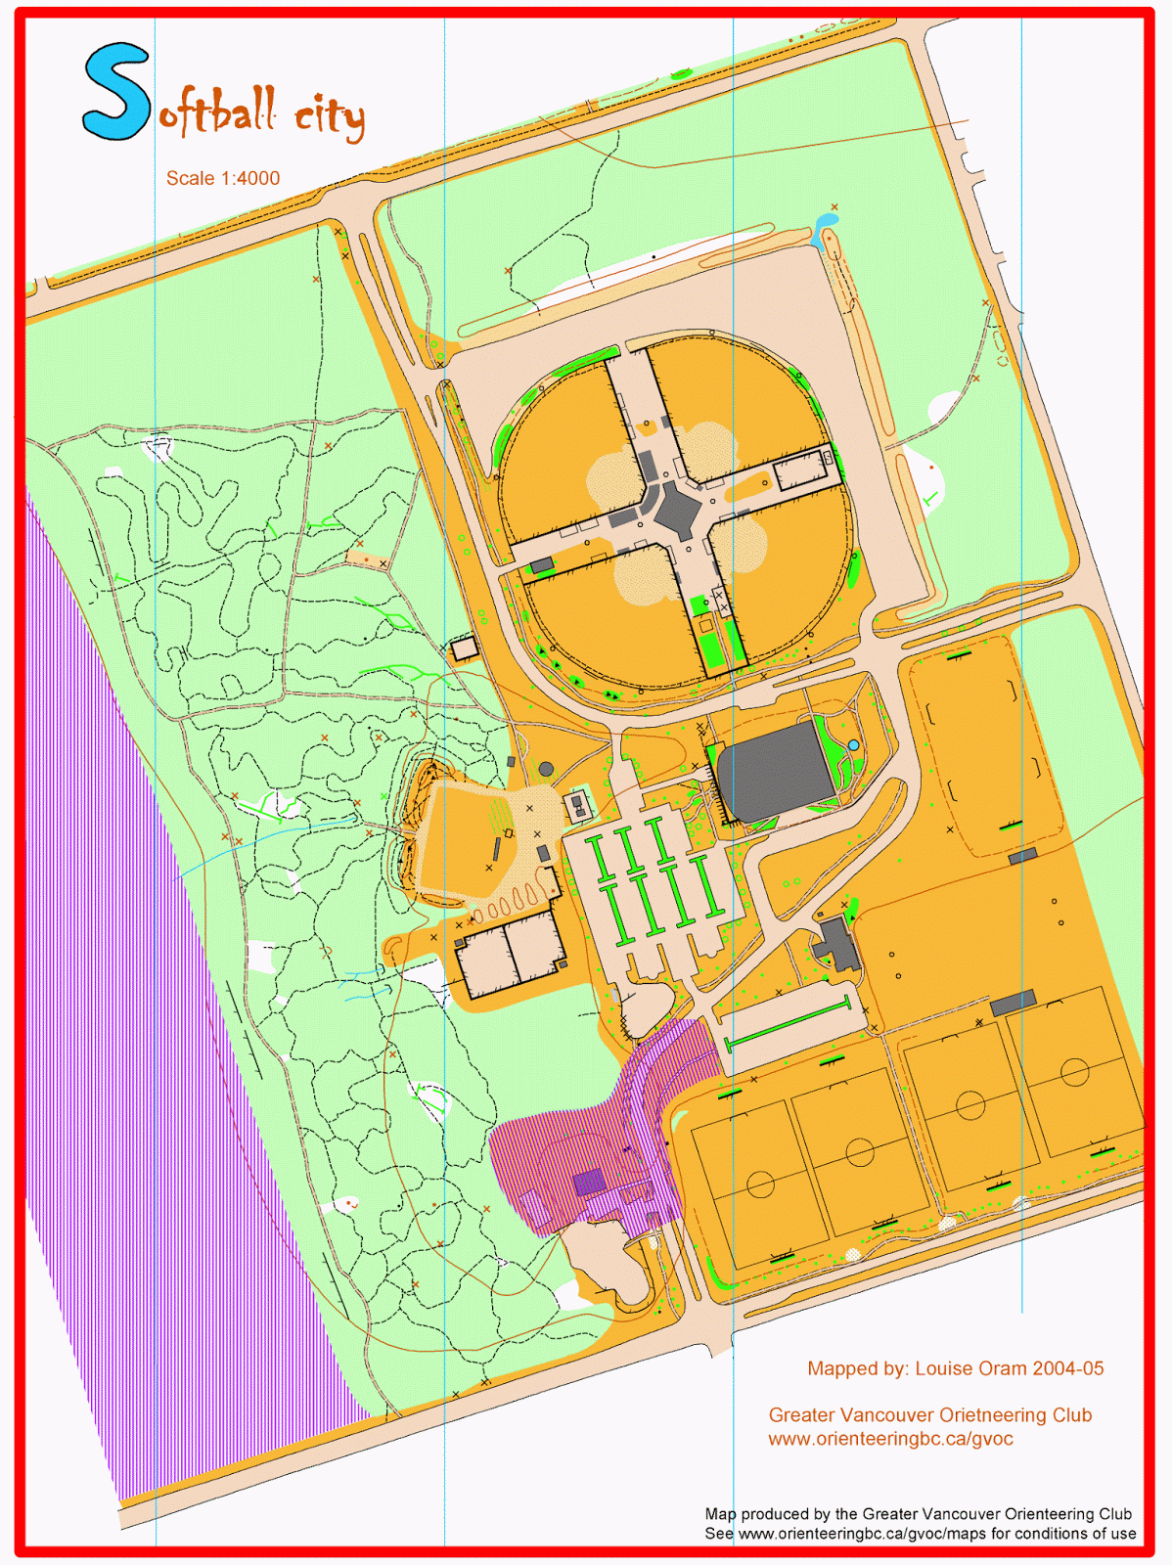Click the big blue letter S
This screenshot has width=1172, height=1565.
[115, 93]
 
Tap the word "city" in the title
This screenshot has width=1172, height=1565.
[330, 117]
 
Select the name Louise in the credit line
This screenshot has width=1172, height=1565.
[943, 1368]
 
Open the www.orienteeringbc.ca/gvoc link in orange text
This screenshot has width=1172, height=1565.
[890, 1439]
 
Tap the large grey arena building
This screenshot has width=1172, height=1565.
[774, 772]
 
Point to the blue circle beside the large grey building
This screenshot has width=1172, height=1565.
[853, 745]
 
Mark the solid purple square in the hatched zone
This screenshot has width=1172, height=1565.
[589, 1182]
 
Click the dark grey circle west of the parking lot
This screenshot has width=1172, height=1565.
[547, 770]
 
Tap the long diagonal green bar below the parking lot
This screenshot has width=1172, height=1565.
[787, 1024]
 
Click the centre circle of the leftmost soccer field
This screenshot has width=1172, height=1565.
[760, 1185]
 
